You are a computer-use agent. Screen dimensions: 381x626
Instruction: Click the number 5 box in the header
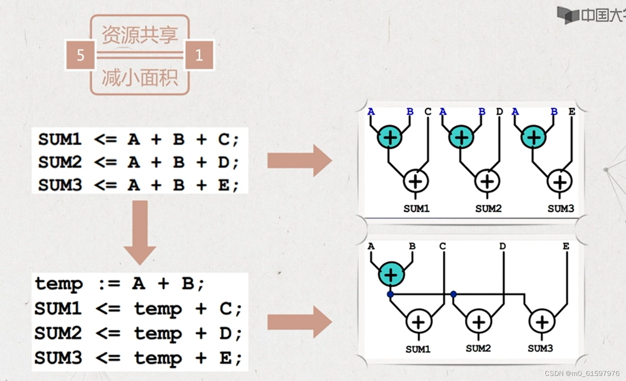tap(80, 55)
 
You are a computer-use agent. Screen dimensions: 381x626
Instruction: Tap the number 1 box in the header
tap(199, 55)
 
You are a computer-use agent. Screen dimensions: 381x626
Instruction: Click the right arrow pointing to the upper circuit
tap(300, 160)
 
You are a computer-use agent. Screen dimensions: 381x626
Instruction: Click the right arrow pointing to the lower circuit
tap(300, 322)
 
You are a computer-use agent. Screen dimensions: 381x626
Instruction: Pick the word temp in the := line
tap(59, 284)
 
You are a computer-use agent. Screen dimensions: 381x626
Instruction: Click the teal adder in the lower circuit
tap(391, 274)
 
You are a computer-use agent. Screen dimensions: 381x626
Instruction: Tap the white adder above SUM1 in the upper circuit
tap(415, 182)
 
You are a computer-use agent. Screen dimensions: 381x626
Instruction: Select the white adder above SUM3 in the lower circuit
tap(542, 322)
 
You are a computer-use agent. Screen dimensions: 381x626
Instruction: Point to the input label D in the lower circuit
tap(502, 246)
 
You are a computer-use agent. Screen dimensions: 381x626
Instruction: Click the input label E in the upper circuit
tap(572, 111)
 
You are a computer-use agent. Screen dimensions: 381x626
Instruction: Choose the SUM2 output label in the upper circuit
tap(488, 208)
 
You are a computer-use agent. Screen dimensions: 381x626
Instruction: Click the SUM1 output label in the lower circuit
tap(418, 349)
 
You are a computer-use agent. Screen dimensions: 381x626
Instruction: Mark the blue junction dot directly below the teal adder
tap(390, 294)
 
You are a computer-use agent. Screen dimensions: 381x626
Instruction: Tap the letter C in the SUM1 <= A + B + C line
tap(224, 139)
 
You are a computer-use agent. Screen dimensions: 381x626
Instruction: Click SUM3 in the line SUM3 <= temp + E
tap(58, 358)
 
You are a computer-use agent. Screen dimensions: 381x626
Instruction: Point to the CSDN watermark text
tap(582, 373)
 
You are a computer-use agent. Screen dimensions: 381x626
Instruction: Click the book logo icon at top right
tap(568, 15)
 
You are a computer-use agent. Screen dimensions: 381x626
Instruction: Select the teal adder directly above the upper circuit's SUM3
tap(533, 137)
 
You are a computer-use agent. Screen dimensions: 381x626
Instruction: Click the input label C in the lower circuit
tap(442, 246)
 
